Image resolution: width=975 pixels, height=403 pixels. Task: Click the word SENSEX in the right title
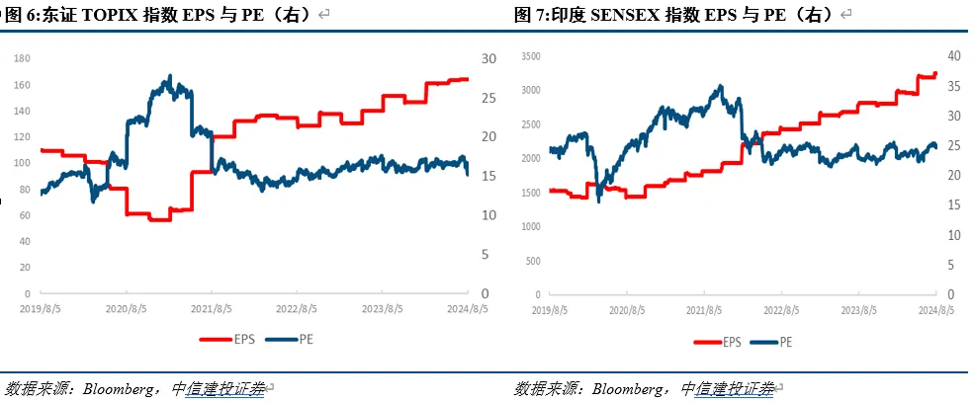pos(636,15)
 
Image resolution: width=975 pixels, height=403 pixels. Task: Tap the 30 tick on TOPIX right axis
pos(487,59)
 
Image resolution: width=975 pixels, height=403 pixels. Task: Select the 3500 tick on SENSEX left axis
pos(530,57)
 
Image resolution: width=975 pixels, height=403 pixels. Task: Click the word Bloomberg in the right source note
pos(630,389)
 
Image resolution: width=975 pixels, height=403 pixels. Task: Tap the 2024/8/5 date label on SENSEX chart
pos(934,310)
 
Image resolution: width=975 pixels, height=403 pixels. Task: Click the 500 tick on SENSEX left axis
pos(533,261)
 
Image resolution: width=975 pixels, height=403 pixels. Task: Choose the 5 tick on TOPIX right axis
pos(484,254)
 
